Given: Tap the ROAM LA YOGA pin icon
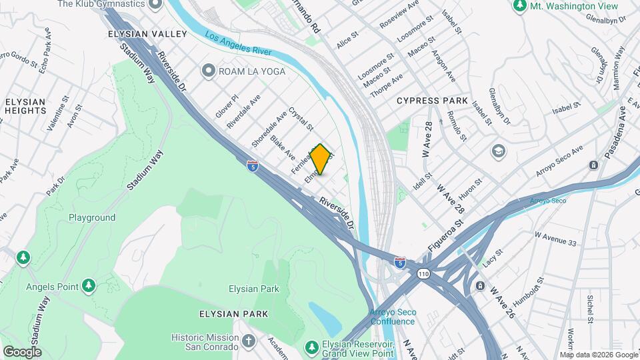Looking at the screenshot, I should (x=209, y=71).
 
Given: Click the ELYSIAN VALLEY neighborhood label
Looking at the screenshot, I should (x=139, y=33).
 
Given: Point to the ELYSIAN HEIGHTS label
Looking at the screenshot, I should (x=25, y=106).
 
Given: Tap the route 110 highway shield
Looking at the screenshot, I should (x=423, y=274).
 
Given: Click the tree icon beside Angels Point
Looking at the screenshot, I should (x=89, y=286).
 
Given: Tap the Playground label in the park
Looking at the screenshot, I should (x=92, y=217).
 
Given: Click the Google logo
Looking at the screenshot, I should (x=22, y=351).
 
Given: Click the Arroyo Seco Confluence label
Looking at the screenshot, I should (x=393, y=317).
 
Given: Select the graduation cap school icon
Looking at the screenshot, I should (x=498, y=151).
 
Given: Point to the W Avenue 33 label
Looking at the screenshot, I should (x=554, y=238).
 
